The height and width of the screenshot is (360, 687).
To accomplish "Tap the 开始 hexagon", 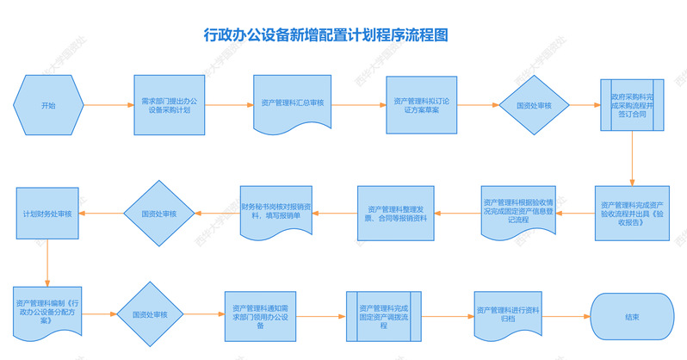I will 48,105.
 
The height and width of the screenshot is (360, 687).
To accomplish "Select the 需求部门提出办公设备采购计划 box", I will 170,105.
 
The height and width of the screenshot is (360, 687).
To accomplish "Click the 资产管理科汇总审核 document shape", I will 291,103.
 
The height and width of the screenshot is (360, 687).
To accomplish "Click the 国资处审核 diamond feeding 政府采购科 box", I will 533,105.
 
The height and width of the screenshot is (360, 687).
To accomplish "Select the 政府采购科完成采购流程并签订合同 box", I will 638,105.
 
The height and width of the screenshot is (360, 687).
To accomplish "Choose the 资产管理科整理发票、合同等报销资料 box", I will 397,213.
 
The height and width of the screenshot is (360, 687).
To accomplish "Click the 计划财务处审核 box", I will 48,213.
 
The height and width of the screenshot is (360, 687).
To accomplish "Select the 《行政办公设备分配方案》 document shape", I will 50,309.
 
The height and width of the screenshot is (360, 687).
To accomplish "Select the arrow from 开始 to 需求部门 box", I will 108,105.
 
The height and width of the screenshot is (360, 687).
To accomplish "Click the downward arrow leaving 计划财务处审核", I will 48,261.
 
